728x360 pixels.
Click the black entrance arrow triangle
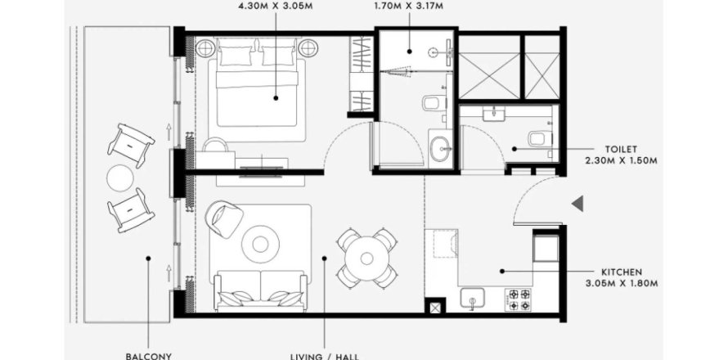[577, 204]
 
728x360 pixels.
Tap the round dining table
[367, 256]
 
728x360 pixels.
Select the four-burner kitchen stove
[519, 299]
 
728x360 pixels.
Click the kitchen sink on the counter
[474, 299]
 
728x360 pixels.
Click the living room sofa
[260, 292]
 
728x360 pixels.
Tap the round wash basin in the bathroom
[440, 150]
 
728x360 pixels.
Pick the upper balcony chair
[130, 143]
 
